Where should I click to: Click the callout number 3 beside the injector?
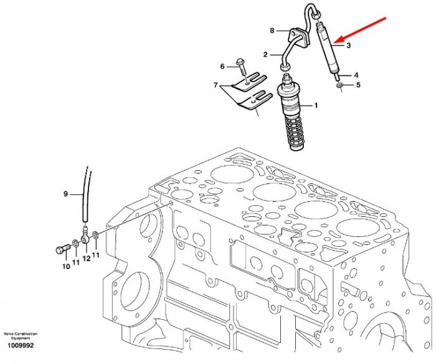click(349, 45)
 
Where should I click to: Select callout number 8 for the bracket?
click(272, 31)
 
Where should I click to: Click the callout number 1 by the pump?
click(316, 105)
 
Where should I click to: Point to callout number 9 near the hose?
click(65, 194)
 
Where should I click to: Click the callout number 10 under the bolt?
click(66, 266)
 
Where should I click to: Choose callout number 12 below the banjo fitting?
click(87, 259)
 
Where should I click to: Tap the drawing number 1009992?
click(21, 345)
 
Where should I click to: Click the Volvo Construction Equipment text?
click(21, 336)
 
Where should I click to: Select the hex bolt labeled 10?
click(63, 248)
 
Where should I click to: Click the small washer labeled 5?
click(339, 86)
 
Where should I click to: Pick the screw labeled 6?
click(242, 67)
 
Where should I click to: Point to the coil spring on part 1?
click(295, 129)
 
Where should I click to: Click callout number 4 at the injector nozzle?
click(356, 75)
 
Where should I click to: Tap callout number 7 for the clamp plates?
click(216, 85)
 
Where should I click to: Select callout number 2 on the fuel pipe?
click(265, 55)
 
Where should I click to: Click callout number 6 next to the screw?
click(222, 67)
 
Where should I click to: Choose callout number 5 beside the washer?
click(358, 85)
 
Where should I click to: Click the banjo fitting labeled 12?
click(85, 236)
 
